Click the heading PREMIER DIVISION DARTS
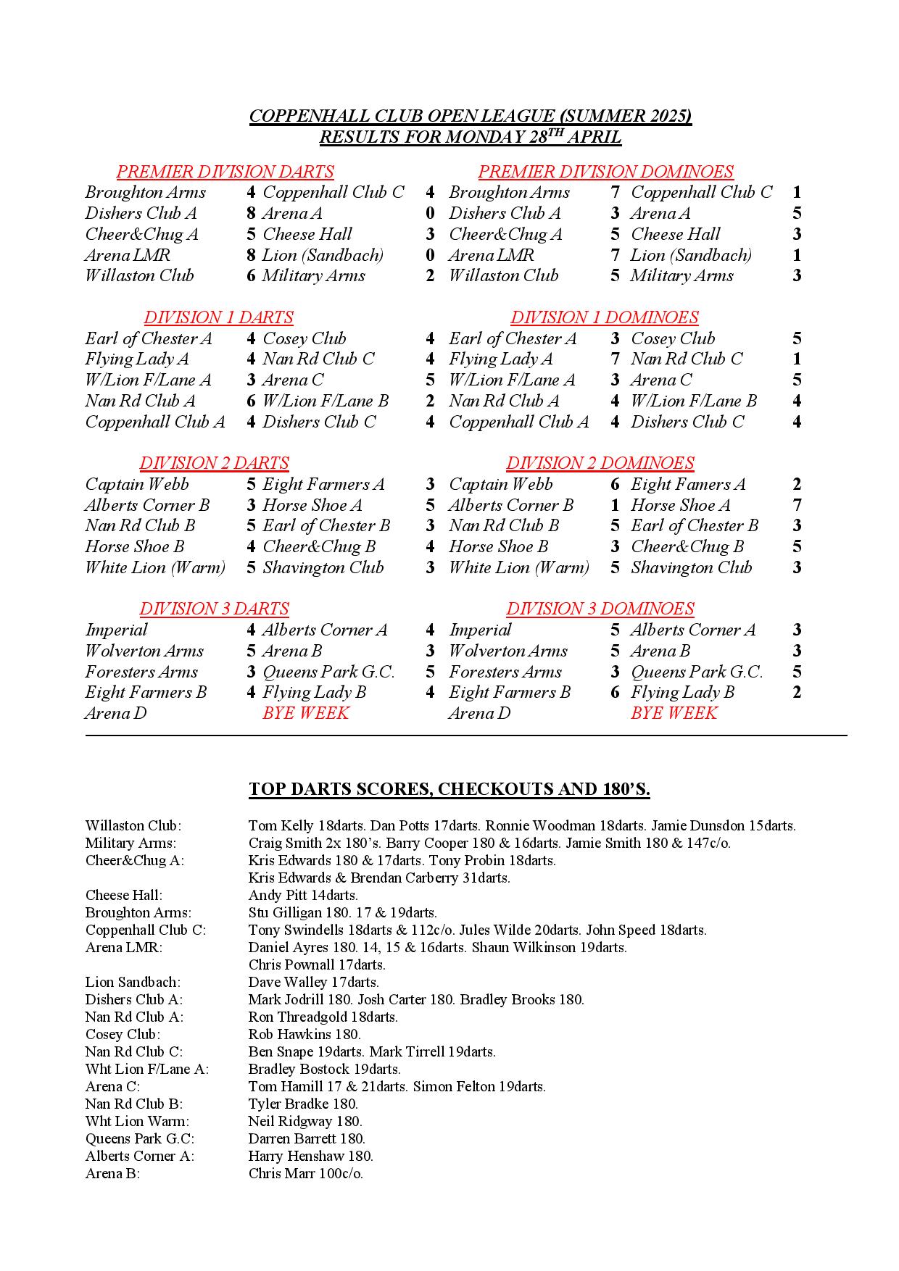coord(225,172)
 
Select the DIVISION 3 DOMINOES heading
coord(600,609)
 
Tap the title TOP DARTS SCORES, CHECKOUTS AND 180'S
coord(449,789)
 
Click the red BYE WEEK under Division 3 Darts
coord(305,713)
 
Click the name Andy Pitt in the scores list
coord(278,895)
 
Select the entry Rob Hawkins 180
coord(304,1034)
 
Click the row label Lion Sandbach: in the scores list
coord(133,982)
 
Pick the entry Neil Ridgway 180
coord(305,1121)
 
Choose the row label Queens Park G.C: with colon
coord(140,1138)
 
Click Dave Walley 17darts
coord(313,982)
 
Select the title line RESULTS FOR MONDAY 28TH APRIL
coord(471,137)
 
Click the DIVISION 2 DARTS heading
coord(214,463)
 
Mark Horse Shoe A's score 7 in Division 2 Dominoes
coord(797,505)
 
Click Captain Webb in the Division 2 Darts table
coord(137,484)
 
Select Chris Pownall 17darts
coord(317,964)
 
